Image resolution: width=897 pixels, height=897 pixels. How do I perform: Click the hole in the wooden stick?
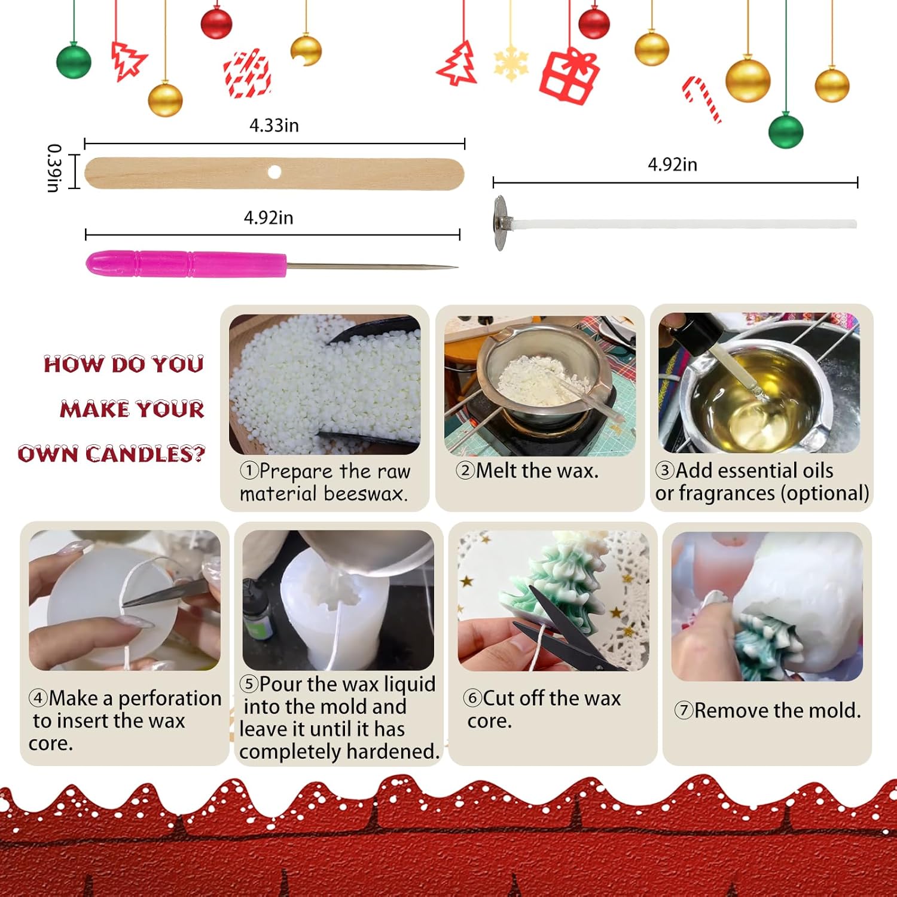[x=274, y=172]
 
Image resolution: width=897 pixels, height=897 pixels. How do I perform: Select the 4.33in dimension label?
[x=274, y=126]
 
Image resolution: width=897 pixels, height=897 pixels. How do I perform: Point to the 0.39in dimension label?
[x=54, y=168]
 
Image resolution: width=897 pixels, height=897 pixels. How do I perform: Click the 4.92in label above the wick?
[x=672, y=164]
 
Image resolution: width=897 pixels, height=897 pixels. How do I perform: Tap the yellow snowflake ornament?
[x=511, y=63]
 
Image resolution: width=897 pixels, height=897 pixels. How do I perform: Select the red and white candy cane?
[x=702, y=98]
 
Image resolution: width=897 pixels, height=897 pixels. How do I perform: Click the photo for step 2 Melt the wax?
[x=539, y=386]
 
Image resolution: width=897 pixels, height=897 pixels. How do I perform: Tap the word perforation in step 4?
[x=170, y=698]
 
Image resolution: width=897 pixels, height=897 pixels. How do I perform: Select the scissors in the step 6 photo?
[x=556, y=625]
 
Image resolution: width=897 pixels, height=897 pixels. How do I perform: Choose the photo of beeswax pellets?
[x=324, y=385]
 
